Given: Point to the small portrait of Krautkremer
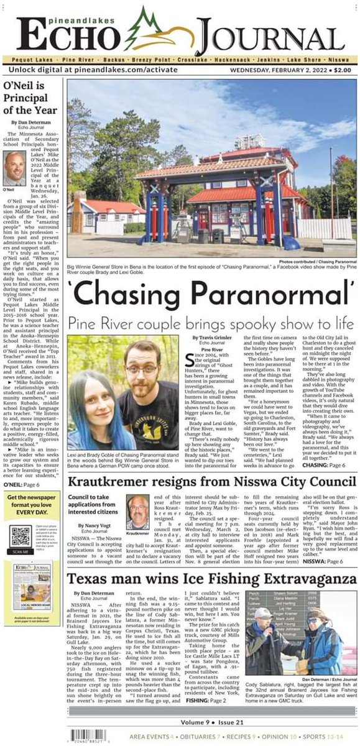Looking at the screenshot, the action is (137, 512).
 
